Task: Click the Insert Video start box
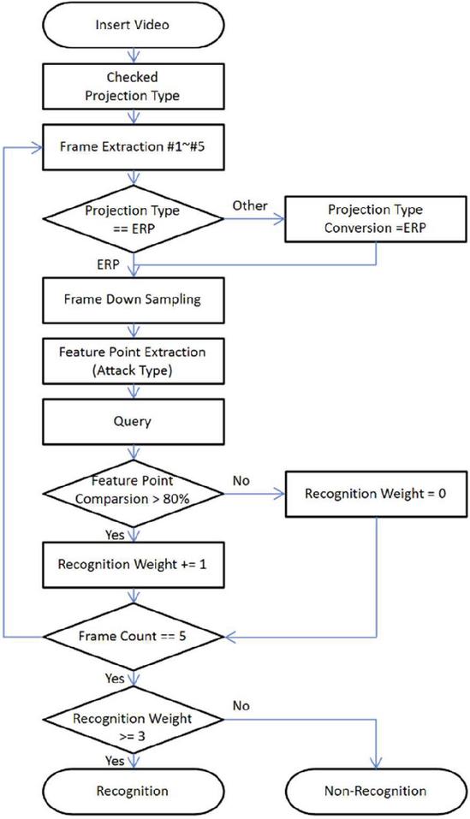(x=134, y=25)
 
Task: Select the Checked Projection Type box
(x=134, y=86)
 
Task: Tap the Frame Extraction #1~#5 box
(x=134, y=147)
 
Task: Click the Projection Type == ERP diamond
(x=134, y=219)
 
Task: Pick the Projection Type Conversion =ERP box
(x=376, y=219)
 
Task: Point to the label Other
(x=250, y=205)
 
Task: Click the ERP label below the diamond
(x=108, y=264)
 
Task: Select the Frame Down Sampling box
(x=134, y=300)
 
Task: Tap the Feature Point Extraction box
(x=134, y=361)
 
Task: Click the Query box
(x=134, y=422)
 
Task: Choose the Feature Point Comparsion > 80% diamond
(x=134, y=494)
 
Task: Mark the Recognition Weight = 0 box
(x=376, y=494)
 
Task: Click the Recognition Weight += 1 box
(x=134, y=565)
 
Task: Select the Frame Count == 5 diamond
(x=134, y=637)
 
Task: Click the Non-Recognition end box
(x=376, y=791)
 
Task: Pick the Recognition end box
(x=134, y=791)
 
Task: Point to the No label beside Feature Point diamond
(x=241, y=481)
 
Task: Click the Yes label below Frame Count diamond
(x=115, y=679)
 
